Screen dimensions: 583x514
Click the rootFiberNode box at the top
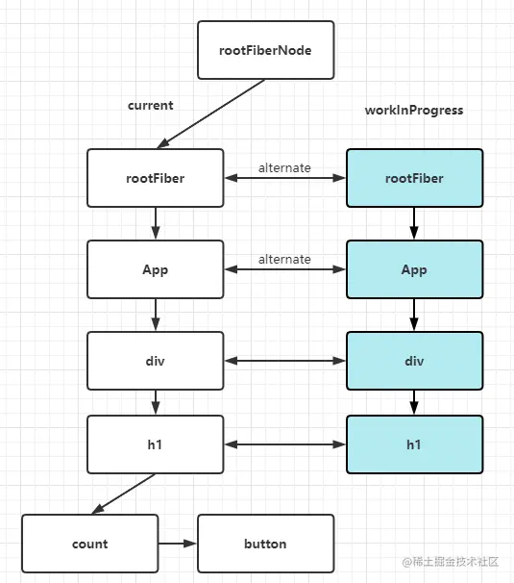coord(265,51)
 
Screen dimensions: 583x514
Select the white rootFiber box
coord(155,178)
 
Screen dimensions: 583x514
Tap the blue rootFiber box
coord(414,178)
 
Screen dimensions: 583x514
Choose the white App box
coord(155,269)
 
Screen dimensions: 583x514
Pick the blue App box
coord(414,269)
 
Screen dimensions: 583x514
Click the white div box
coord(155,361)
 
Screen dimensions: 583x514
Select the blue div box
coord(414,361)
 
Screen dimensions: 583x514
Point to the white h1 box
coord(155,444)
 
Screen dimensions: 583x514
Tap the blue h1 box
coord(414,444)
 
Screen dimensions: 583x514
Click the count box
coord(89,544)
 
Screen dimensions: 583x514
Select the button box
coord(265,544)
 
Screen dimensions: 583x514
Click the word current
coord(150,105)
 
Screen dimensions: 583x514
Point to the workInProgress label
coord(413,110)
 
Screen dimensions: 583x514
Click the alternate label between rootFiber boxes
coord(284,167)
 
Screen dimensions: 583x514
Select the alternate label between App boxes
coord(284,259)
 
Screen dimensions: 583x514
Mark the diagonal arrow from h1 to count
coord(124,494)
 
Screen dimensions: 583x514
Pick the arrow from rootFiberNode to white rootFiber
coord(206,114)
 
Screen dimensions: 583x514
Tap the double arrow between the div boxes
coord(284,362)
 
